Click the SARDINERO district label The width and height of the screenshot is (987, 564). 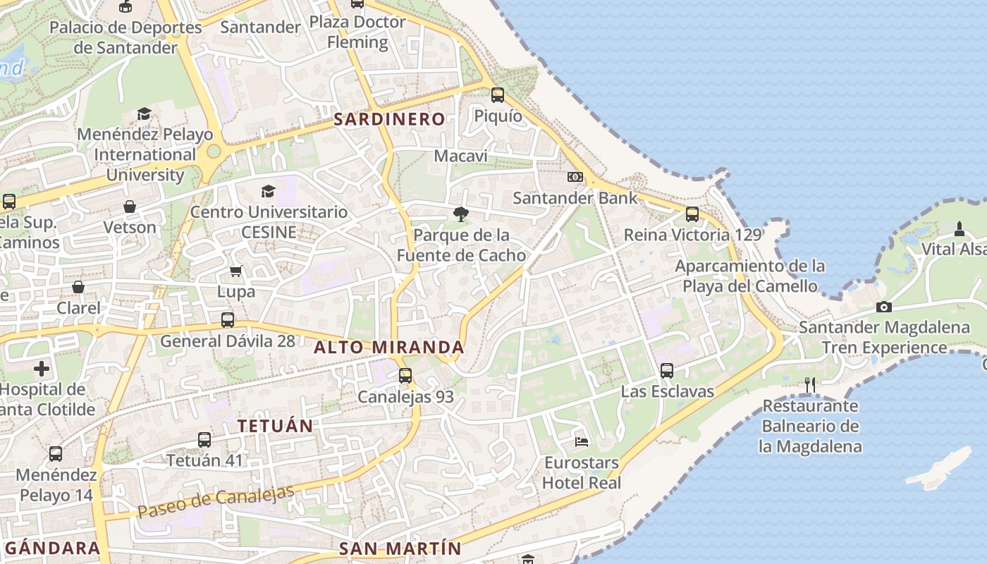(x=389, y=119)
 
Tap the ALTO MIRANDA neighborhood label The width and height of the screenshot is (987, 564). (x=389, y=347)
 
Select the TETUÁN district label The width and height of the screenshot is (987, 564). (x=275, y=426)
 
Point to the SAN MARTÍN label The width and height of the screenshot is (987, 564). (x=400, y=548)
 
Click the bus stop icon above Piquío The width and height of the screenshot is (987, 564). (x=498, y=95)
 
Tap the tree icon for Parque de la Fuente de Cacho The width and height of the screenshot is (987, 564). (x=461, y=214)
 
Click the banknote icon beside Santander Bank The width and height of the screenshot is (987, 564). (x=575, y=177)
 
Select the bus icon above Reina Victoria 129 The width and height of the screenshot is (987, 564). (x=692, y=214)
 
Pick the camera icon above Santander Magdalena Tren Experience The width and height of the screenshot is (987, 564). (x=884, y=307)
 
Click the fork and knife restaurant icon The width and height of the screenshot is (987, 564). (x=810, y=385)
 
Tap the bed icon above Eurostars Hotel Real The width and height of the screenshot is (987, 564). (x=582, y=442)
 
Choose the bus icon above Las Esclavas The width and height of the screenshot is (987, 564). (x=667, y=370)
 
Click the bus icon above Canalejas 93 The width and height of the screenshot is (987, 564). (x=405, y=376)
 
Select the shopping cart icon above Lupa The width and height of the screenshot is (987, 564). (x=236, y=271)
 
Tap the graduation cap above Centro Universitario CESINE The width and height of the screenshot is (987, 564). (x=268, y=191)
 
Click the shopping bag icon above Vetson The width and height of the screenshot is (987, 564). (x=130, y=207)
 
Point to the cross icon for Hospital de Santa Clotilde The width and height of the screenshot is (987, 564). (x=42, y=369)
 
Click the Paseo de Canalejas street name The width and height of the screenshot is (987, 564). (x=216, y=502)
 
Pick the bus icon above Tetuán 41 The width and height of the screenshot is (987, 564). (x=204, y=440)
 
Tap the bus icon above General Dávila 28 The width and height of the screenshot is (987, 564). (x=228, y=320)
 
